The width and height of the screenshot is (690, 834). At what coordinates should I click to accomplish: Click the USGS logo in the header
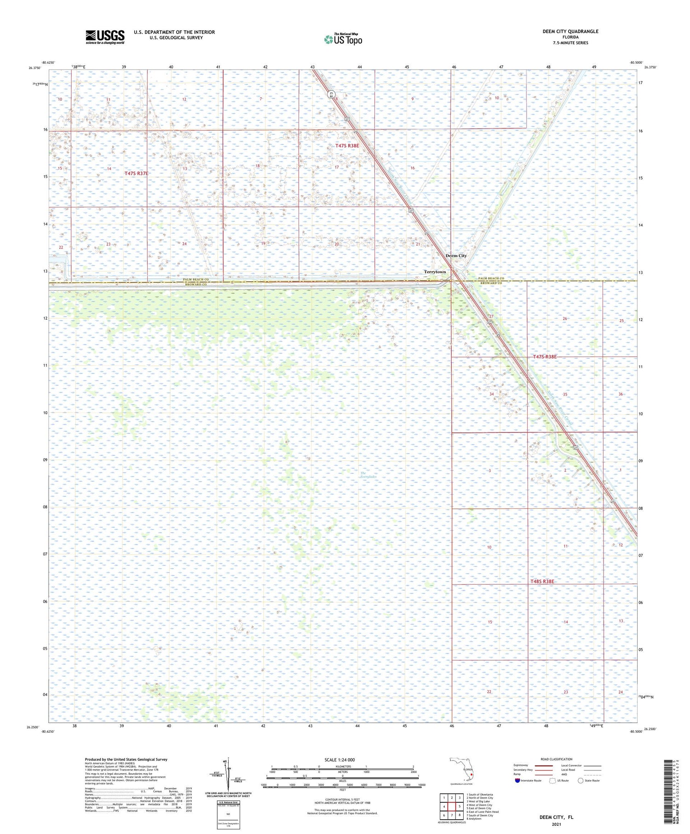click(x=104, y=37)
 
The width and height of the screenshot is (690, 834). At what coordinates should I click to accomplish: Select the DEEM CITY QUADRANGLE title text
click(x=570, y=31)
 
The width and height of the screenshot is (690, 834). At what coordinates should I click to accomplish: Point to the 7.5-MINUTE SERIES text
click(x=570, y=43)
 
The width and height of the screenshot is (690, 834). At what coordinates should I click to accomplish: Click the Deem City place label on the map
click(x=456, y=256)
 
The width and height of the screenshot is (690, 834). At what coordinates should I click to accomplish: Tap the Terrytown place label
click(x=435, y=272)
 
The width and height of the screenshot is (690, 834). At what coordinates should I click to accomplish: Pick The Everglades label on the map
click(x=368, y=475)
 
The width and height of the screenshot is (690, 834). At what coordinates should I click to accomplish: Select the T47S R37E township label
click(x=137, y=173)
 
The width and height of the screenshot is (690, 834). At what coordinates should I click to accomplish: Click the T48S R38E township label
click(x=542, y=581)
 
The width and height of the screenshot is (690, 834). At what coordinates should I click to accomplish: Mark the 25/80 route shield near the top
click(x=331, y=94)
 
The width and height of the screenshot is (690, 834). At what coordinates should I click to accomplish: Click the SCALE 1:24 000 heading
click(x=339, y=759)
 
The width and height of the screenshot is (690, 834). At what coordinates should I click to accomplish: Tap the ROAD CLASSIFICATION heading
click(x=556, y=759)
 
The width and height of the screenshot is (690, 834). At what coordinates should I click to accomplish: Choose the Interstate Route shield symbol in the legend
click(x=517, y=781)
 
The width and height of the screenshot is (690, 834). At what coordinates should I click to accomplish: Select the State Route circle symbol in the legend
click(x=581, y=781)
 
